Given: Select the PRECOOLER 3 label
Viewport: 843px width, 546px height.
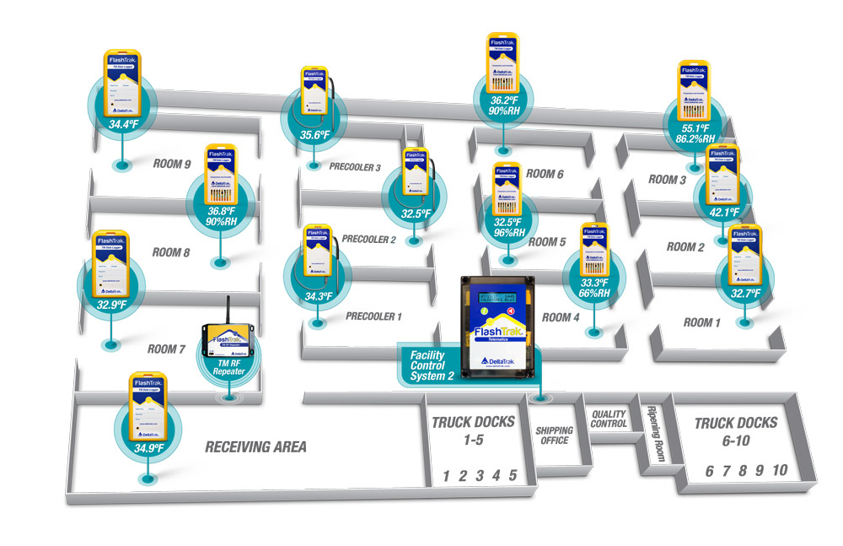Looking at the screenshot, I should (x=356, y=167).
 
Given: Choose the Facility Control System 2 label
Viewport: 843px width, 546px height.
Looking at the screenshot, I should (x=432, y=365).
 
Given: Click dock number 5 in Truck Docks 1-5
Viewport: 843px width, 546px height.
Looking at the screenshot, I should (x=513, y=476).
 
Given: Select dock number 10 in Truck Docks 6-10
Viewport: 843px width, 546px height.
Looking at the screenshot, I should (x=780, y=470).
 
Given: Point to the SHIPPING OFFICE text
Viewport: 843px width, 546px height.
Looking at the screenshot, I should (x=554, y=435).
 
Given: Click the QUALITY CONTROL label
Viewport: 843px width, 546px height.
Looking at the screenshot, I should (x=609, y=419).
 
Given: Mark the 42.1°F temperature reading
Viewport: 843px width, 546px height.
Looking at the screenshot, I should (x=722, y=212).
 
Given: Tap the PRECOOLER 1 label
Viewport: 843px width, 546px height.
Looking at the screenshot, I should (x=374, y=317).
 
